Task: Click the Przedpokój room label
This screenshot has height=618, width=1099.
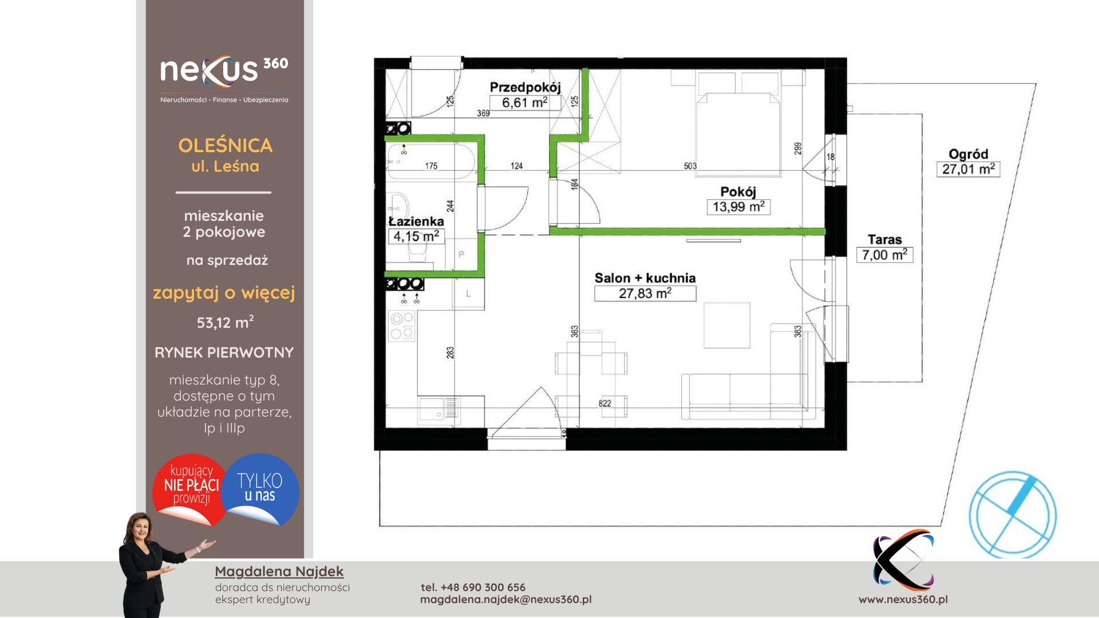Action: pos(525,87)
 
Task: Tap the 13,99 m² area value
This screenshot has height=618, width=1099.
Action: pos(738,207)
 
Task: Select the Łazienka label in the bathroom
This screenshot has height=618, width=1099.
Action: pos(416,221)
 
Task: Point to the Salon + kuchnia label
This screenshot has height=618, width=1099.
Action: pos(645,278)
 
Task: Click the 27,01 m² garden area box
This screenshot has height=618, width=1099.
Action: pos(968,169)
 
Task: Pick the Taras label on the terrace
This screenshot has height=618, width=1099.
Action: pos(884,240)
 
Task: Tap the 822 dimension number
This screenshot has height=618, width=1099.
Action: pos(604,403)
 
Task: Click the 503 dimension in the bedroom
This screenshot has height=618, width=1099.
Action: pos(690,166)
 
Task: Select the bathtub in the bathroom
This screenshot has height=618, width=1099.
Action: pos(430,161)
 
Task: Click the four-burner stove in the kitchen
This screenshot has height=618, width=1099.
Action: pos(401,326)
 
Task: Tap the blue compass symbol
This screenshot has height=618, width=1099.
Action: pos(1013,515)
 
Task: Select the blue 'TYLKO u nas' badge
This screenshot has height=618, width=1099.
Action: pos(260,489)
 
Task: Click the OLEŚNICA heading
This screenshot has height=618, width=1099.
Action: pos(225,145)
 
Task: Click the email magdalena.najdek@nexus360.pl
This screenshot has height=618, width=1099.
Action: pos(506,600)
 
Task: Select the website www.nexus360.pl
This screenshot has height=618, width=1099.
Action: pos(903,600)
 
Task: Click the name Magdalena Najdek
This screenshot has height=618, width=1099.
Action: pos(279,571)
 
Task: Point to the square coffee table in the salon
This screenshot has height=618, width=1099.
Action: pos(727,325)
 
